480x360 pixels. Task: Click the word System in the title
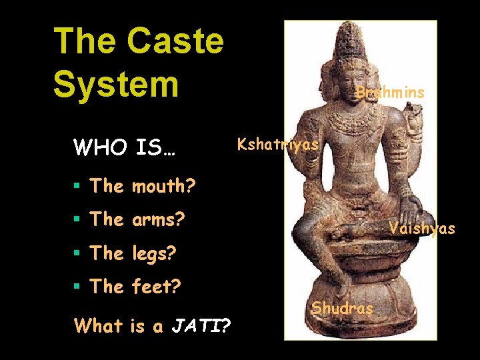[116, 85]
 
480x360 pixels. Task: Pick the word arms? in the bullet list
[158, 219]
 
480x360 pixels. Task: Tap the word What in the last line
[98, 326]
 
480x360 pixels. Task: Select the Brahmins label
[390, 93]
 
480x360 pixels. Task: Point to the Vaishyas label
[422, 229]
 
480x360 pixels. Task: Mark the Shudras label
[343, 309]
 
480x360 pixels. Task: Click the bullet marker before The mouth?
[79, 187]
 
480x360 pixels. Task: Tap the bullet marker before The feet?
[79, 287]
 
